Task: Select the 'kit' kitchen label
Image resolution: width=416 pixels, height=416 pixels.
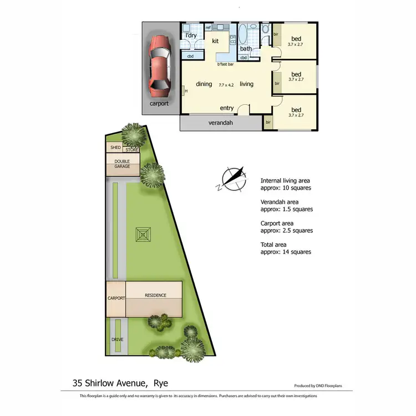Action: pyautogui.click(x=215, y=41)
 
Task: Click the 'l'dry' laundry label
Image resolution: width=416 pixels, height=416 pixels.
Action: pyautogui.click(x=191, y=35)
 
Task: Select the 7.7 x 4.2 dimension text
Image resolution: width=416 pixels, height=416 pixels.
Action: pyautogui.click(x=226, y=84)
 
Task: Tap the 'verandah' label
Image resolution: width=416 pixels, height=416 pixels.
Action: pyautogui.click(x=220, y=123)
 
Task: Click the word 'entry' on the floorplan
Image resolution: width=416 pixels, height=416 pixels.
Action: pyautogui.click(x=227, y=108)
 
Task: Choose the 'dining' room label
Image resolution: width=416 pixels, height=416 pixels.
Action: pyautogui.click(x=204, y=84)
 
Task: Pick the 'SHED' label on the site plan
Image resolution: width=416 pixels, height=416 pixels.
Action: pyautogui.click(x=115, y=148)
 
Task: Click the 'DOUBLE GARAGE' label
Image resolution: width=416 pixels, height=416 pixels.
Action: pyautogui.click(x=122, y=164)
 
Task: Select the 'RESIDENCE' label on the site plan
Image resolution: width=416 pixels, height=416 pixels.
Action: pyautogui.click(x=155, y=295)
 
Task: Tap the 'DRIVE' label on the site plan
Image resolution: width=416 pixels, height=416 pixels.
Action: pyautogui.click(x=117, y=339)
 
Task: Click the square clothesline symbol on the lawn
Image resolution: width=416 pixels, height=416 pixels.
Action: pyautogui.click(x=144, y=235)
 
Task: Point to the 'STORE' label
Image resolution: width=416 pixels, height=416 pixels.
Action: pyautogui.click(x=131, y=150)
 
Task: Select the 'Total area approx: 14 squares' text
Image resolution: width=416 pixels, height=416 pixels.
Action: pyautogui.click(x=286, y=248)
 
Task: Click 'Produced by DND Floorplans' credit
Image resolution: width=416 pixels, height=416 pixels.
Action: pyautogui.click(x=323, y=385)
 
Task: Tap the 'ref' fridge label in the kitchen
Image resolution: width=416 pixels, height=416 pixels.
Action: pyautogui.click(x=209, y=28)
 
